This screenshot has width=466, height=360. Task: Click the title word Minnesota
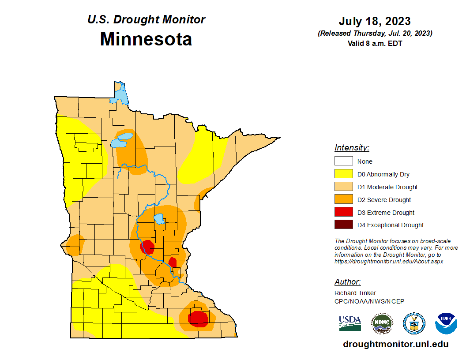(x=146, y=39)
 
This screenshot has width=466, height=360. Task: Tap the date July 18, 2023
(x=375, y=21)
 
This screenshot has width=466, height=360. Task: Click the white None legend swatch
(x=343, y=161)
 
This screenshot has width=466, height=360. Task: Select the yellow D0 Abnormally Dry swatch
(x=343, y=174)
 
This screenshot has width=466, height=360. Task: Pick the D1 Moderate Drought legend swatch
(x=343, y=187)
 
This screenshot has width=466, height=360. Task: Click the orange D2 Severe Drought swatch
(x=343, y=200)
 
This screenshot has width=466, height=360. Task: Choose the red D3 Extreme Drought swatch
(x=343, y=212)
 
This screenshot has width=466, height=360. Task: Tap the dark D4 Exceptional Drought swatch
(x=343, y=225)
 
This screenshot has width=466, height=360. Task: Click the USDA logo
(x=350, y=323)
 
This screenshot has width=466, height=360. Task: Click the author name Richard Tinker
(x=356, y=293)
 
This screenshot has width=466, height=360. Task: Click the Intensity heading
(x=352, y=148)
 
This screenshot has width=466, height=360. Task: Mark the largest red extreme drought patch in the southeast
(x=199, y=318)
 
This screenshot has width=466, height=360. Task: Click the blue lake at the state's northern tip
(x=120, y=95)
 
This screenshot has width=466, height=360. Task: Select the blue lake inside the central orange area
(x=158, y=219)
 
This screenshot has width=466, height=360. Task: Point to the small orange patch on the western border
(x=75, y=243)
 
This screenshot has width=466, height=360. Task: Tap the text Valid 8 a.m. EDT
(x=375, y=43)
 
